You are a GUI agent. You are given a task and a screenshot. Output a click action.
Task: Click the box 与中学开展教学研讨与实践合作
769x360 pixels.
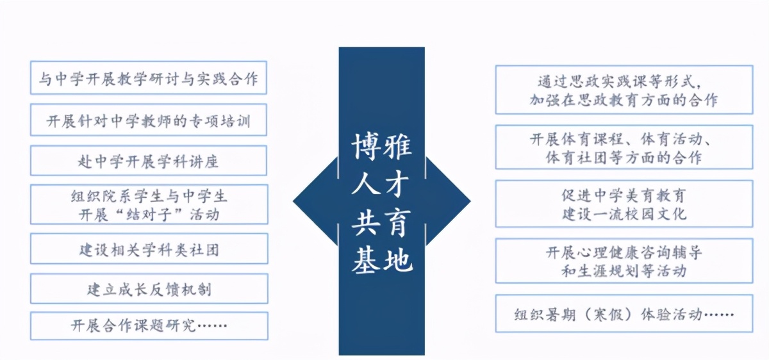(149, 78)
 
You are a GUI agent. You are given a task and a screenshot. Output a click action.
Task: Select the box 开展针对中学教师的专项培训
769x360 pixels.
(149, 120)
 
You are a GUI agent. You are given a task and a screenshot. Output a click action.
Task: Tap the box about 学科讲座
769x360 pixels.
(149, 161)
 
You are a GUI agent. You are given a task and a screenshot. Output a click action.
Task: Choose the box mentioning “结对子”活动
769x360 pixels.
(149, 204)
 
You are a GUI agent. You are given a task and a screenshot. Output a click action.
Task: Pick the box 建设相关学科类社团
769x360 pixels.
(149, 249)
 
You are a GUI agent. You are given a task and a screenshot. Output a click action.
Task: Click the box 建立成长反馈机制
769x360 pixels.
(149, 289)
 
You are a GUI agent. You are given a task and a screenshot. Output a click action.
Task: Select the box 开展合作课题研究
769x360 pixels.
(149, 326)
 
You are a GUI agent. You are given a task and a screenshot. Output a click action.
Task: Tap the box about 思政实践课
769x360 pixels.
(624, 90)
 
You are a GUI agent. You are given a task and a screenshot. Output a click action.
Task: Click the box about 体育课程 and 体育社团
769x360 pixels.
(624, 147)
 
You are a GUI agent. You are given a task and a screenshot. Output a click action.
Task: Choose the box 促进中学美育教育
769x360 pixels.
(624, 204)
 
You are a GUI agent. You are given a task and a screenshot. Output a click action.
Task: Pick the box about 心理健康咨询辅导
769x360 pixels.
(624, 261)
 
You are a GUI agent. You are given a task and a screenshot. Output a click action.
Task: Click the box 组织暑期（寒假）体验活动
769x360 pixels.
(624, 313)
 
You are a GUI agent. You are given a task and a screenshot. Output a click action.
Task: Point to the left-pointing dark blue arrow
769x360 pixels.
(315, 201)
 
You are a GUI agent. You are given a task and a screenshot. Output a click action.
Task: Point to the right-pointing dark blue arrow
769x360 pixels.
(448, 201)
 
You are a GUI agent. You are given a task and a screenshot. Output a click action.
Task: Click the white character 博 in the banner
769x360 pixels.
(365, 147)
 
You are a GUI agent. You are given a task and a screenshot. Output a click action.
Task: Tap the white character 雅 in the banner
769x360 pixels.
(397, 147)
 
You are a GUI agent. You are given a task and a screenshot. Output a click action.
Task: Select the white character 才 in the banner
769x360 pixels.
(397, 184)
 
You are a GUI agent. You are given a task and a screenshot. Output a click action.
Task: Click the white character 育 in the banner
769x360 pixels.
(397, 222)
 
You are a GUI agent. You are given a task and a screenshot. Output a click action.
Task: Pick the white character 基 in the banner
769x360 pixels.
(365, 260)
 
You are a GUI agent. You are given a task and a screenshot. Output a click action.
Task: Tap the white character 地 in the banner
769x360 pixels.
(398, 260)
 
